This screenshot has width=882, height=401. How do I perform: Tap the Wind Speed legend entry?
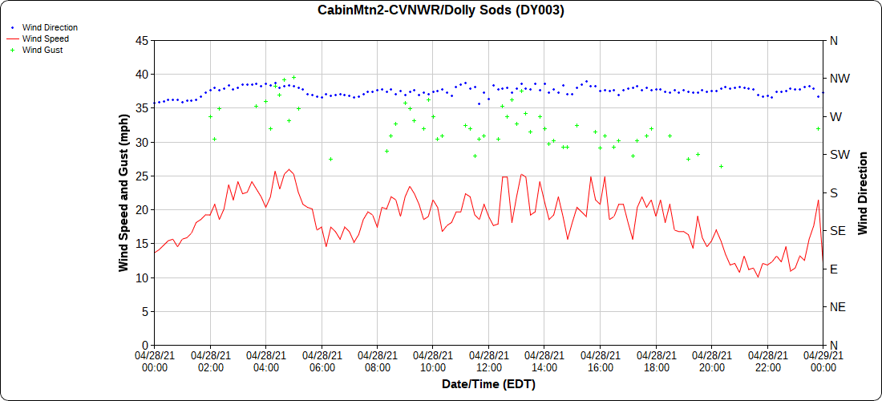tap(45, 38)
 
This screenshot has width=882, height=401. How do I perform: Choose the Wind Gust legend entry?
tap(42, 50)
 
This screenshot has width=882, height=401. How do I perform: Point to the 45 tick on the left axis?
tap(141, 40)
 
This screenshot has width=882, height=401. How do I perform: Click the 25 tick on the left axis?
tap(141, 176)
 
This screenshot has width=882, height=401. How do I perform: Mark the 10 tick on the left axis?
tap(141, 277)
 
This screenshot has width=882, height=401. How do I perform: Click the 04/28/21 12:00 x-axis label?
tap(488, 361)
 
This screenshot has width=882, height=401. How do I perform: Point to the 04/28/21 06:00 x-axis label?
tap(322, 361)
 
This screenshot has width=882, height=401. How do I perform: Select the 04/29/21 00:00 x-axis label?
tap(823, 361)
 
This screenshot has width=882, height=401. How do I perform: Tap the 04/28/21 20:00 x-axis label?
tap(711, 361)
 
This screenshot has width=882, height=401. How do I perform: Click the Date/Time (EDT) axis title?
tap(488, 384)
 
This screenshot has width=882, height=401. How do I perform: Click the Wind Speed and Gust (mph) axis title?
tap(123, 192)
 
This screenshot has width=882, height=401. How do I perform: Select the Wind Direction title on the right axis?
tap(864, 192)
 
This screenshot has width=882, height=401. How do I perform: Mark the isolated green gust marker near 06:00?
tap(330, 160)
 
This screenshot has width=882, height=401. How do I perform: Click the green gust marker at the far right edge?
tap(819, 129)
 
